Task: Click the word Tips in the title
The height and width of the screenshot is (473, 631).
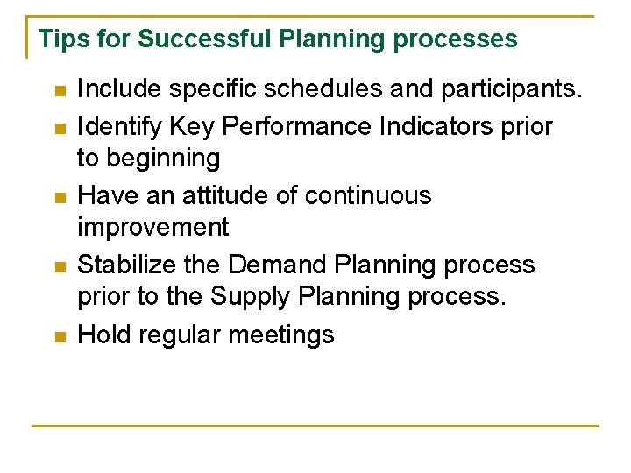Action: [60, 39]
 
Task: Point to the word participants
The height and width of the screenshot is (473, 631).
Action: [508, 89]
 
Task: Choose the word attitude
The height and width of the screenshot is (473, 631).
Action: [225, 195]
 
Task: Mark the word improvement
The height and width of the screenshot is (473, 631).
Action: [152, 228]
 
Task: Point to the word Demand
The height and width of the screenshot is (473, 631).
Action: [268, 265]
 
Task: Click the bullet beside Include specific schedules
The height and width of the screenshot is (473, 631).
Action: [59, 91]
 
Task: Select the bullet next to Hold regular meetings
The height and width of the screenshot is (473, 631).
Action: [59, 336]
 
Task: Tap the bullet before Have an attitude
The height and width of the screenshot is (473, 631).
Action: [59, 197]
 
